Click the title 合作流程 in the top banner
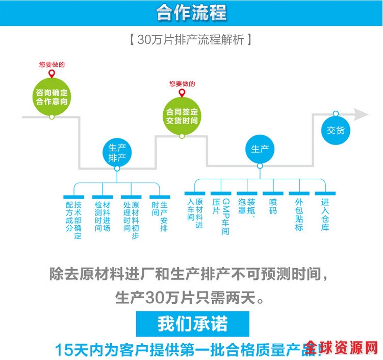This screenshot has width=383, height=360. coord(191,12)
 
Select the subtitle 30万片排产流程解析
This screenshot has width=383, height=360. coord(191,40)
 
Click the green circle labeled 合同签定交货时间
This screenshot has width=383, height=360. coord(182,116)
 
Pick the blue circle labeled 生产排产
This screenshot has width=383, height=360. coord(117,152)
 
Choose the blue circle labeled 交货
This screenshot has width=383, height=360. coord(336,130)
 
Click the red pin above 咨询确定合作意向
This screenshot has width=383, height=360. coord(52,75)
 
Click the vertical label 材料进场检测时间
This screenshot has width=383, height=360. coord(102,216)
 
